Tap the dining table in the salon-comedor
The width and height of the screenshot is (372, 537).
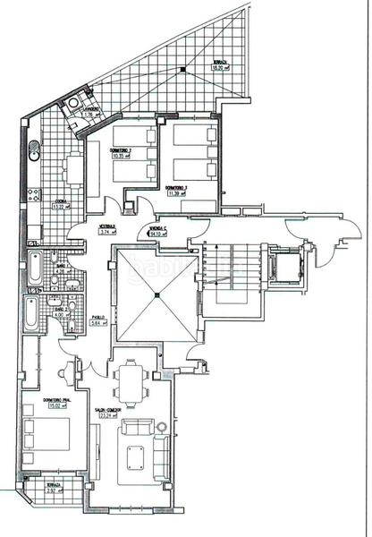[x=134, y=381]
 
